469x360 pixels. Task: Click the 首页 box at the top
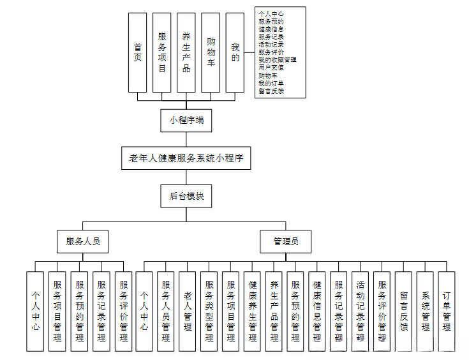tap(137, 52)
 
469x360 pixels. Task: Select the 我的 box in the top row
tap(235, 52)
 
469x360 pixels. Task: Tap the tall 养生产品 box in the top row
tap(186, 52)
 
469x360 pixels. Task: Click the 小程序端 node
tap(186, 120)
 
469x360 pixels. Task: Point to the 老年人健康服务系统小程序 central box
tap(186, 158)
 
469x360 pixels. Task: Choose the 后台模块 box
tap(186, 196)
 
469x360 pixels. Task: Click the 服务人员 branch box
tap(82, 241)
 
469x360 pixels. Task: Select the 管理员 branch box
tap(285, 241)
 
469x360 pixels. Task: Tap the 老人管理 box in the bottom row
tap(187, 311)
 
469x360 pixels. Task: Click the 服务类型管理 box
tap(209, 311)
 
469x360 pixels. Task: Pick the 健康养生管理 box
tap(252, 311)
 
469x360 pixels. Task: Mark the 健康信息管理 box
tap(317, 311)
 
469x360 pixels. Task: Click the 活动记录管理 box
tap(361, 311)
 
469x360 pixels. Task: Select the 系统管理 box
tap(426, 311)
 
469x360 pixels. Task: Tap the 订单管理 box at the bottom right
tap(447, 311)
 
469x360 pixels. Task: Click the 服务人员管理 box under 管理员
tap(165, 311)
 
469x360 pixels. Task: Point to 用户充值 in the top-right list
tap(271, 67)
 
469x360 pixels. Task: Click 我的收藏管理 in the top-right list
tap(277, 59)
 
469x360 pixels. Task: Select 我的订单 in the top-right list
tap(271, 83)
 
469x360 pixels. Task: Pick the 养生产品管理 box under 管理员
tap(274, 311)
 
